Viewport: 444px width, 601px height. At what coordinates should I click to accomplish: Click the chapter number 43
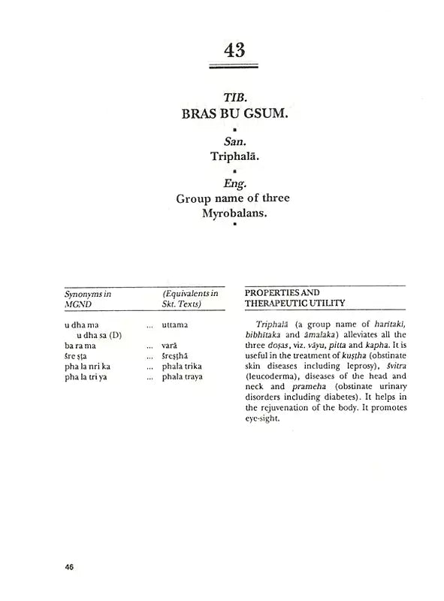pyautogui.click(x=234, y=50)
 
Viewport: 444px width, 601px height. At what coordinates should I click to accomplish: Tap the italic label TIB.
pyautogui.click(x=234, y=99)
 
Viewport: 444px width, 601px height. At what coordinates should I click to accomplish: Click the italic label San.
pyautogui.click(x=234, y=141)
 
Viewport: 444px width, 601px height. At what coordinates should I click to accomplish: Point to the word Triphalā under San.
pyautogui.click(x=234, y=158)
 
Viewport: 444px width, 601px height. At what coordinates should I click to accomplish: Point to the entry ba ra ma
pyautogui.click(x=80, y=344)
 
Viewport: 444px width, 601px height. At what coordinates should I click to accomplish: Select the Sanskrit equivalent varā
pyautogui.click(x=171, y=344)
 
